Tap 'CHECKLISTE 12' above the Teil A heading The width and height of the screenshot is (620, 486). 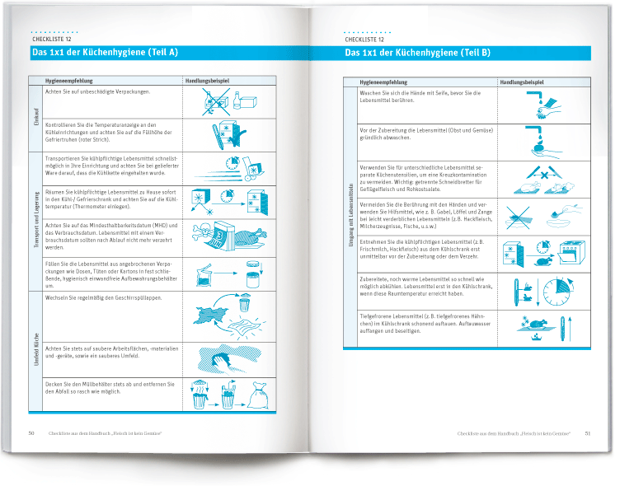[51, 39]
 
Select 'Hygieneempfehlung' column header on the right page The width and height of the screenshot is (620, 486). [383, 82]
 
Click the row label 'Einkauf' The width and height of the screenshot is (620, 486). [36, 118]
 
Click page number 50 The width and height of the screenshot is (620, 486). [31, 432]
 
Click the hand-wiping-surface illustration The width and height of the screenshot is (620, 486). [228, 360]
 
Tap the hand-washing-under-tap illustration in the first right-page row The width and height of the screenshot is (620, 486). [544, 105]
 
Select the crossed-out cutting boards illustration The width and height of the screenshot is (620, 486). [544, 178]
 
